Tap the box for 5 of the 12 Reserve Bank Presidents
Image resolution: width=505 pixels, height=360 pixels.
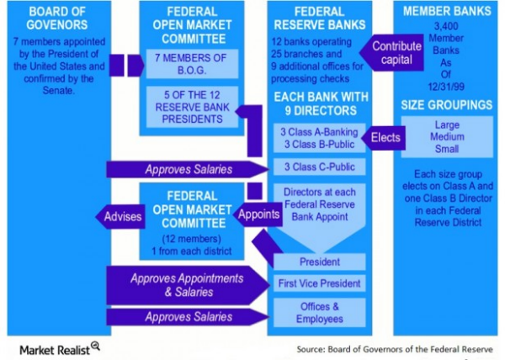185,106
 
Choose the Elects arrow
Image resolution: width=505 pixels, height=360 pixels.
382,136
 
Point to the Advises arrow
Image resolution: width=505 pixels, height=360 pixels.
120,216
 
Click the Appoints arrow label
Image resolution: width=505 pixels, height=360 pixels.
258,214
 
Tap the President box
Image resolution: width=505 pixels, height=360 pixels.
319,261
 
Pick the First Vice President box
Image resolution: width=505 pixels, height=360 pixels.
319,283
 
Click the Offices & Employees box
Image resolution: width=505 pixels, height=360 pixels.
319,313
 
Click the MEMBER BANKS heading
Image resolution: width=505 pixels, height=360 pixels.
443,12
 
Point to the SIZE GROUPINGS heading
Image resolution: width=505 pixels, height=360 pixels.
443,104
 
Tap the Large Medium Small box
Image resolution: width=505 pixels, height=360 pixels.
443,136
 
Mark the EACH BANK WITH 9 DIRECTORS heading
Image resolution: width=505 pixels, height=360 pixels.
319,103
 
